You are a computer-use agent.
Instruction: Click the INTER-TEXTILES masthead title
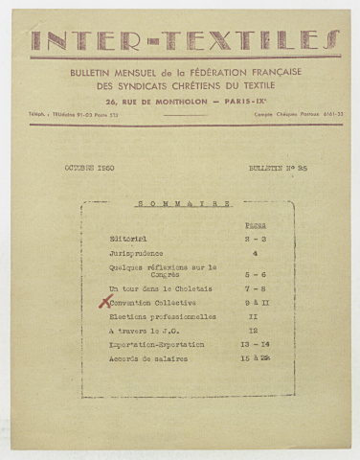tap(180, 40)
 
